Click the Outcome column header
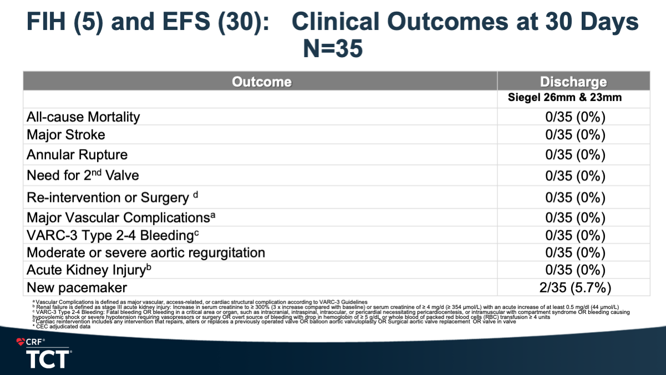point(262,82)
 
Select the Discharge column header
point(573,82)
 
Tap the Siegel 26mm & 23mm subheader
point(565,97)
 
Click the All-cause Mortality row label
point(83,117)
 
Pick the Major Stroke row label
point(65,135)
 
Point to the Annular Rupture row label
point(77,155)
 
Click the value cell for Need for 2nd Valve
point(575,175)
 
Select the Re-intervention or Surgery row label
point(112,197)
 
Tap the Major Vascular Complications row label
point(121,217)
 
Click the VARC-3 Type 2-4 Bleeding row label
point(113,235)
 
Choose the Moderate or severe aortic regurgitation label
point(146,252)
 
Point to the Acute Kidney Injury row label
point(89,270)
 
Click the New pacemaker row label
point(77,287)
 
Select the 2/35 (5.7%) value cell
point(575,287)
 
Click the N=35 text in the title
point(333,48)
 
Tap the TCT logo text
point(48,359)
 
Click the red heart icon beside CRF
point(21,342)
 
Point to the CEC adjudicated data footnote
point(61,327)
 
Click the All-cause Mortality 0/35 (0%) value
point(575,117)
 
